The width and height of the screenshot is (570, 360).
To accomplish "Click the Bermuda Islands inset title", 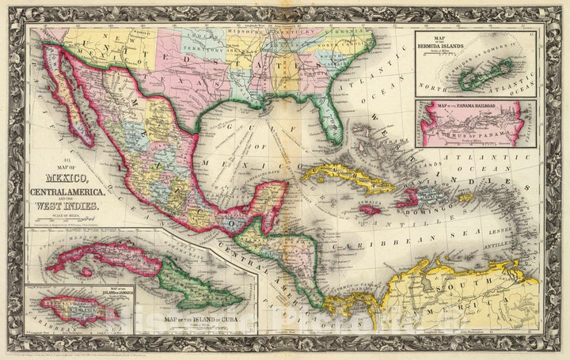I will click(454, 46).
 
